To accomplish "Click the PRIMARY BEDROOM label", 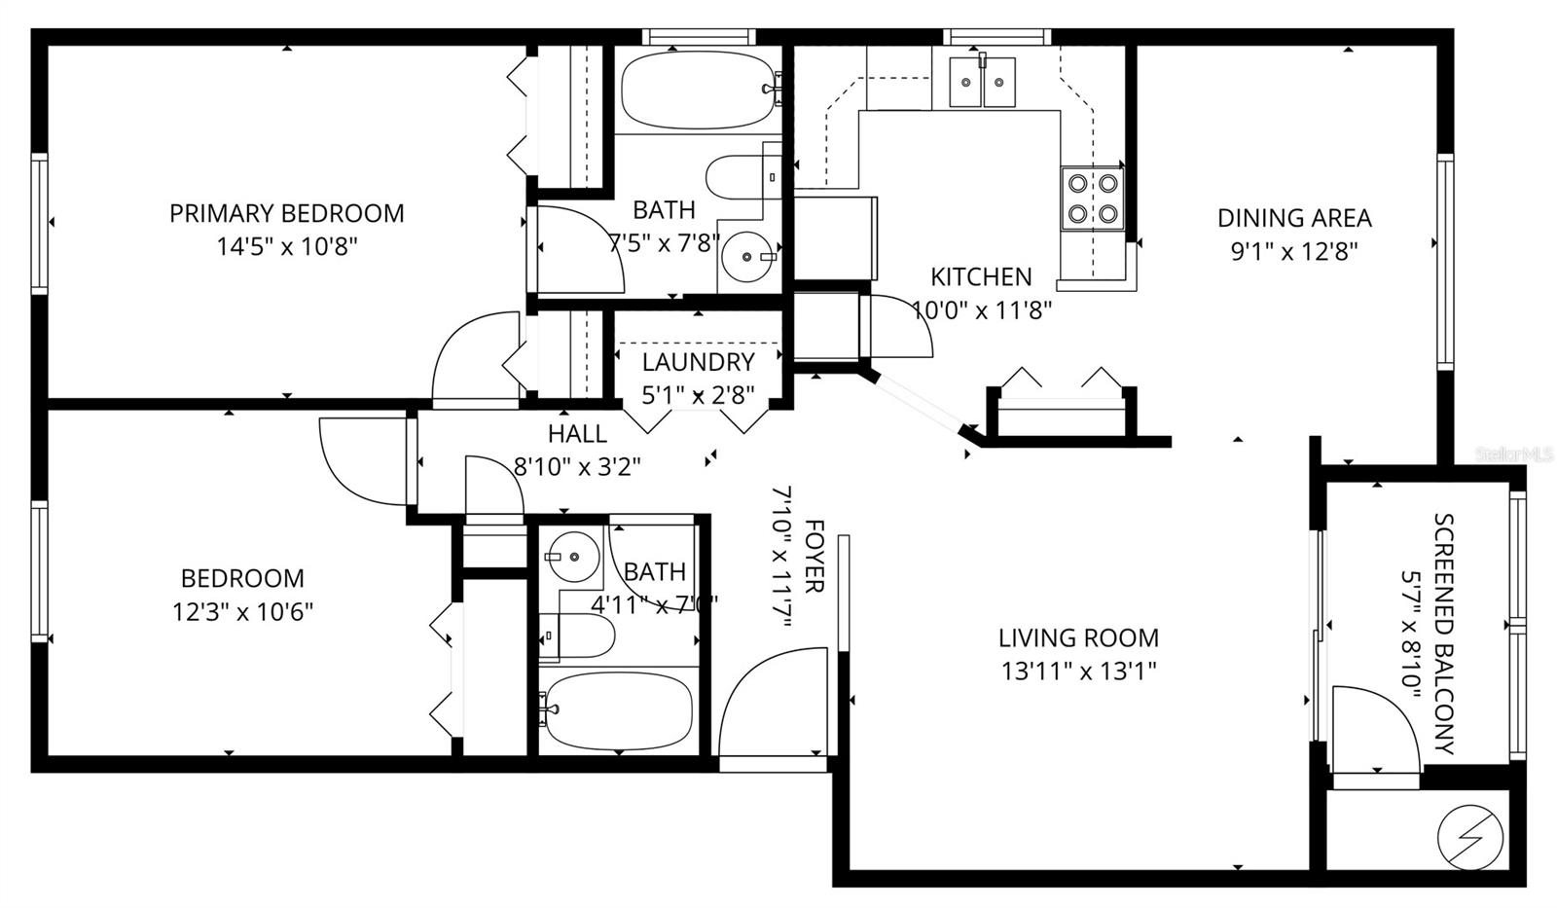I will point(286,213).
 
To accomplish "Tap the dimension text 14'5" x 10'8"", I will point(286,247).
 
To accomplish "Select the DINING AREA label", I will point(1294,218).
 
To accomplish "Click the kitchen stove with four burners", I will point(1092,198).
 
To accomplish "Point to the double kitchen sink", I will point(983,82).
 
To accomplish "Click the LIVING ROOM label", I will point(1078,638).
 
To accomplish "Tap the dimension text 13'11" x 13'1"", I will point(1078,672).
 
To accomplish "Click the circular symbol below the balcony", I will point(1470,837).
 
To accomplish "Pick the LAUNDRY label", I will point(698,362).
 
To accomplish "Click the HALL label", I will point(577,434).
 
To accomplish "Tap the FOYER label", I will point(815,557).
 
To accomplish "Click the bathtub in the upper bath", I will point(697,91).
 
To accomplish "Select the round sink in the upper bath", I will point(747,257).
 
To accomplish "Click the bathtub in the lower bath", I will point(618,711).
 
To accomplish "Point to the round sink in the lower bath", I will point(573,557).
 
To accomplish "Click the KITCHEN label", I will point(981,277).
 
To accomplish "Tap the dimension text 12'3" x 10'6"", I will point(243,612).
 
